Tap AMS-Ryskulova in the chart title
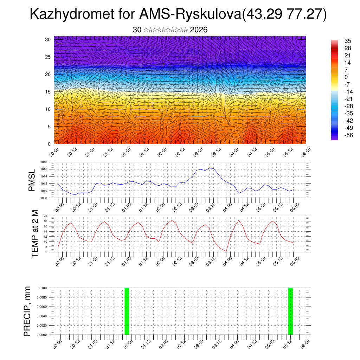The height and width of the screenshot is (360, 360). [190, 14]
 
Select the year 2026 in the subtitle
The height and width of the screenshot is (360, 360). [199, 30]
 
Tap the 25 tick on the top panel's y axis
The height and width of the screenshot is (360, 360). [48, 57]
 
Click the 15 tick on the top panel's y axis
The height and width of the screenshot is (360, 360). [48, 92]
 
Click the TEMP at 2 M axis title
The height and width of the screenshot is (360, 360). [35, 233]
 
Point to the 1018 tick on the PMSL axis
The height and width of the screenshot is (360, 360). [44, 162]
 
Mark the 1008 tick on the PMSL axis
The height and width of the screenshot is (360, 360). [44, 198]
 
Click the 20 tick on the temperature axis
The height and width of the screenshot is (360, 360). [45, 216]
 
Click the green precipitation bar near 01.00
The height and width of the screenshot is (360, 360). [127, 311]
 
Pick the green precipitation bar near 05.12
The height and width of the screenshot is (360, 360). [290, 311]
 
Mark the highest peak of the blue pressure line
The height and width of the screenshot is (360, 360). [210, 168]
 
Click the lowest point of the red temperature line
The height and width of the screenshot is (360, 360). [226, 251]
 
